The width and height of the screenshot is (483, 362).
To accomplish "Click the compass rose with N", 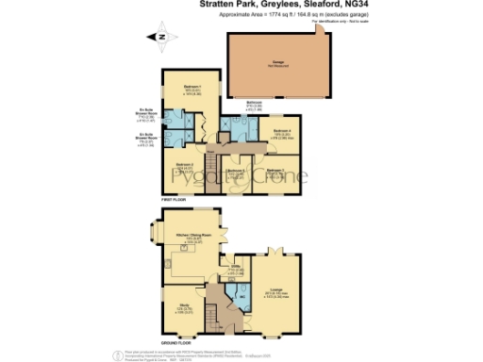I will pos(161,37).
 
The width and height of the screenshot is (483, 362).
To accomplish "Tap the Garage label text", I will pos(275,63).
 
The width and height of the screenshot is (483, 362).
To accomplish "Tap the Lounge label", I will pos(276,289).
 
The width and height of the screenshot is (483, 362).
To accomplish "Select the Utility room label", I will pos(236,268).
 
